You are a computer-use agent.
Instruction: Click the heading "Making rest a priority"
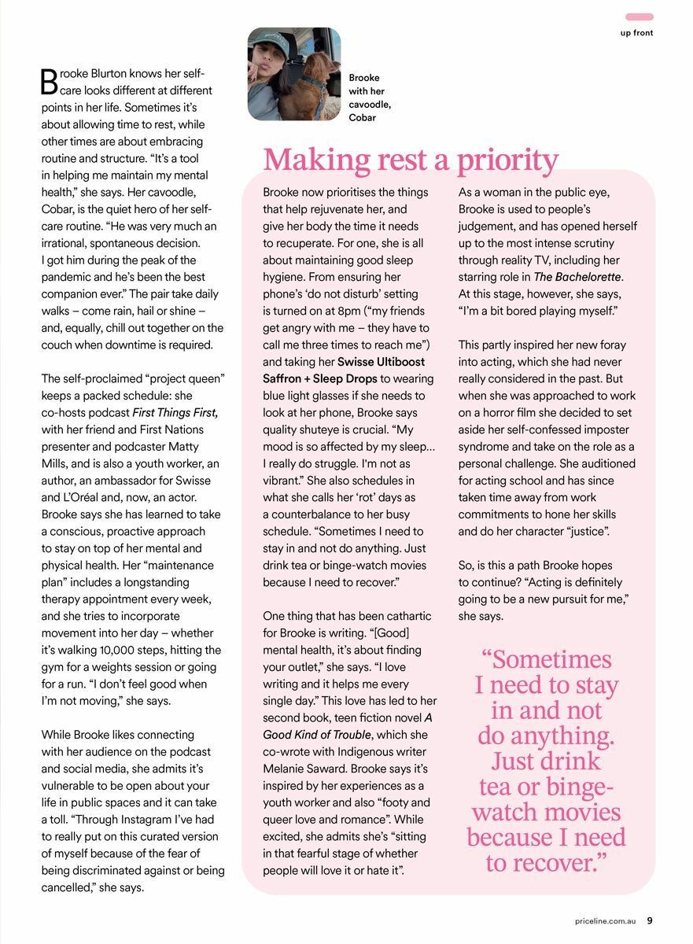click(411, 160)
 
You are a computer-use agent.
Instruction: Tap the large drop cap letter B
click(49, 81)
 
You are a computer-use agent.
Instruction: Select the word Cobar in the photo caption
click(363, 118)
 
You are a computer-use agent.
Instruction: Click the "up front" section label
click(636, 33)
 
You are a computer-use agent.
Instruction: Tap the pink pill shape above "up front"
click(639, 17)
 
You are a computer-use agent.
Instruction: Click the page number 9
click(650, 920)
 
